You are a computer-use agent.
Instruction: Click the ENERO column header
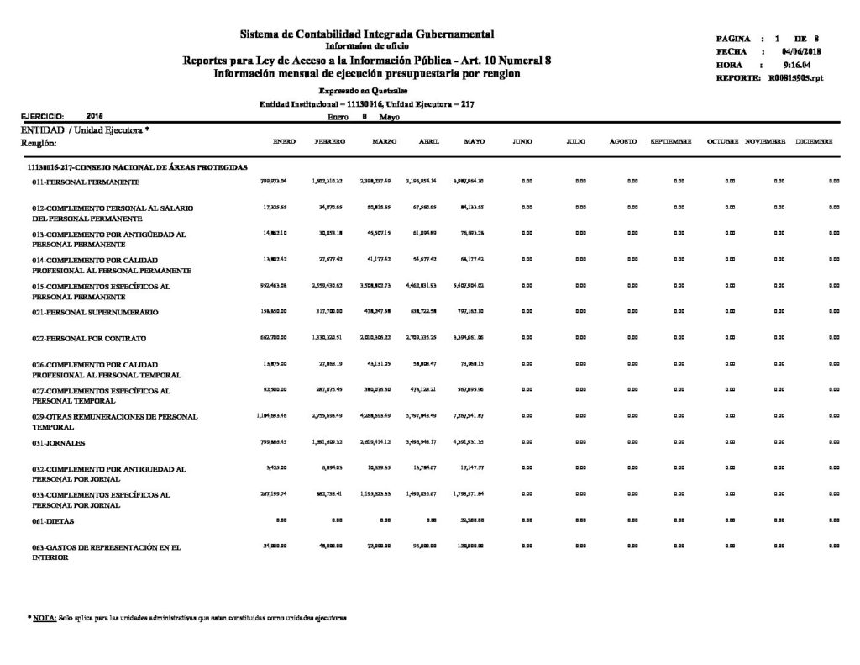tap(284, 141)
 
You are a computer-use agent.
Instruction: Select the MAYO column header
tap(474, 141)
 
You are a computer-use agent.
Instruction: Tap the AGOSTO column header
tap(622, 141)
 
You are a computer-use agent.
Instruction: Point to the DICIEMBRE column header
tap(815, 141)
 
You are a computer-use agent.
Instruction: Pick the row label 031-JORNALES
tap(60, 442)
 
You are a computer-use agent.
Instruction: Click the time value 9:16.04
tap(796, 65)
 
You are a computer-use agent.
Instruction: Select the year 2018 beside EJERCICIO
tap(95, 117)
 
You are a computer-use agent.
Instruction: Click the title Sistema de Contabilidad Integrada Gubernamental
tap(367, 34)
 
